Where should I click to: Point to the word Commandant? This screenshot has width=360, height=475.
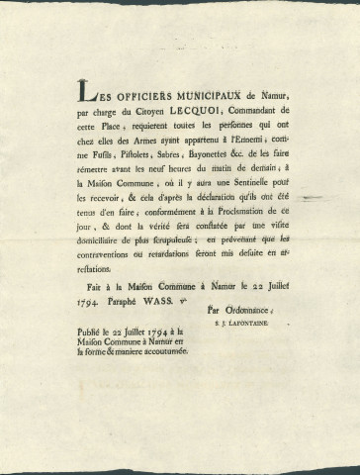(267, 109)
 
